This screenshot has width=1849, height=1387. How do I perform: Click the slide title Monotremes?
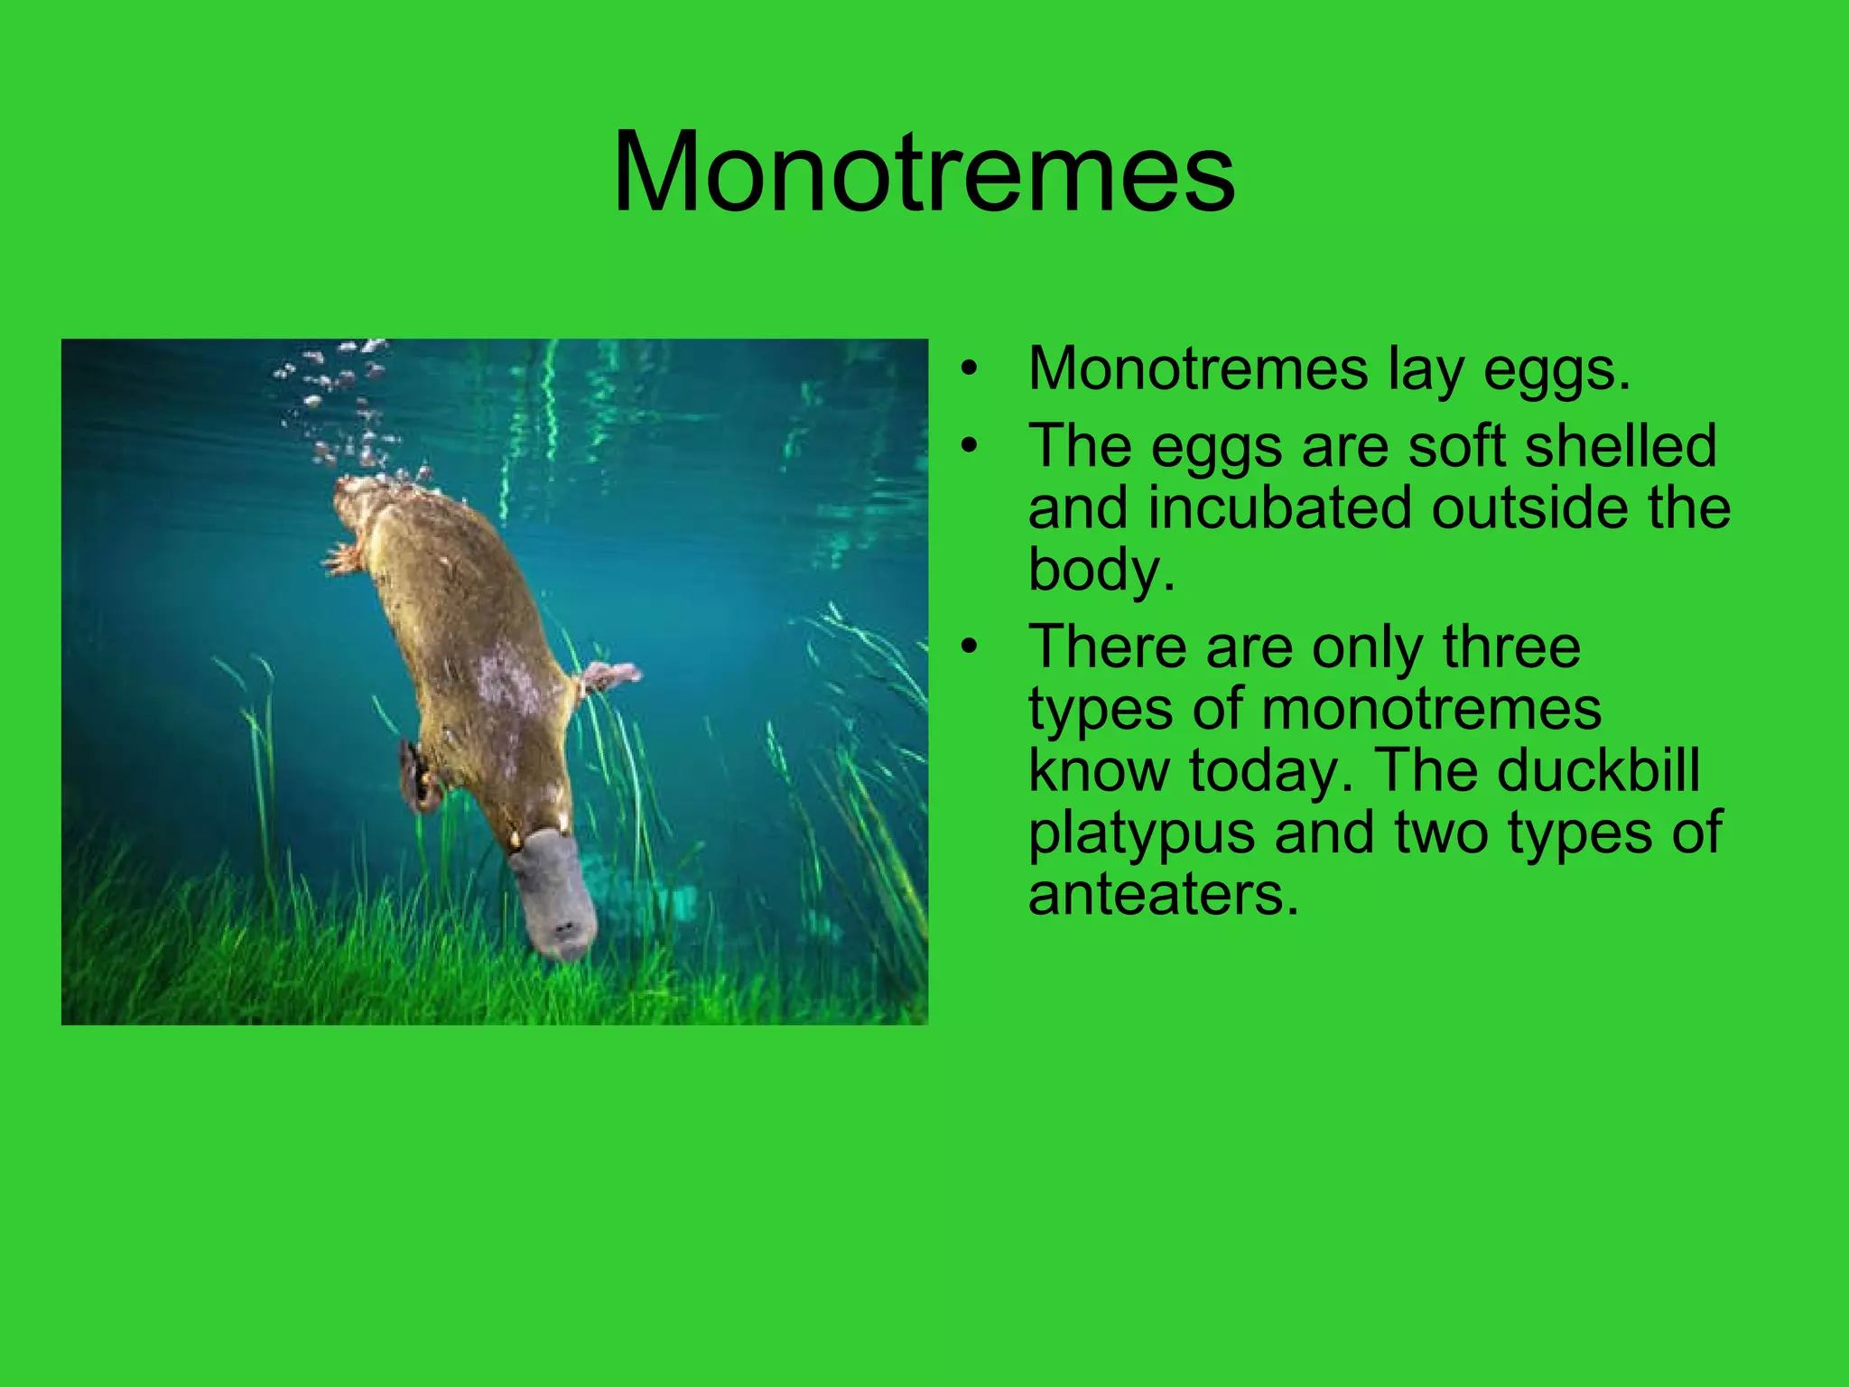coord(924,172)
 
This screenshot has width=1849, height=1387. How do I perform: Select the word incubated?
coord(1282,507)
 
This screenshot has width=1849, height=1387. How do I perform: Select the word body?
coord(1101,570)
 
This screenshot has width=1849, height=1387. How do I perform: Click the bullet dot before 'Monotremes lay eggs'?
coord(970,369)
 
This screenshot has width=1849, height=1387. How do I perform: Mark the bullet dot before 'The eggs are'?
coord(970,446)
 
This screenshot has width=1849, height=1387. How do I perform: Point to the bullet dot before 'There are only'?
coord(970,647)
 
